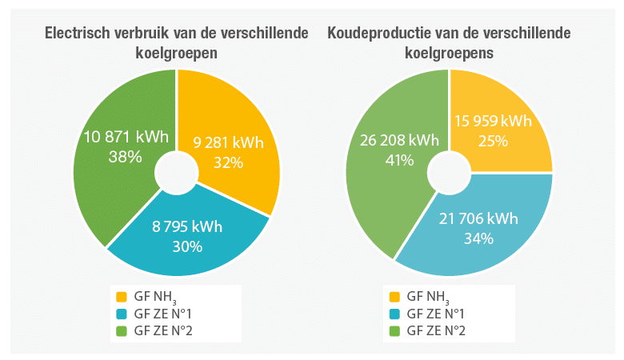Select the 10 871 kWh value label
126,137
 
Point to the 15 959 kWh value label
494,122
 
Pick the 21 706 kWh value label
478,218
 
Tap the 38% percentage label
126,157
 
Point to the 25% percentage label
494,142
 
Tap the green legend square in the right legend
393,330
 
